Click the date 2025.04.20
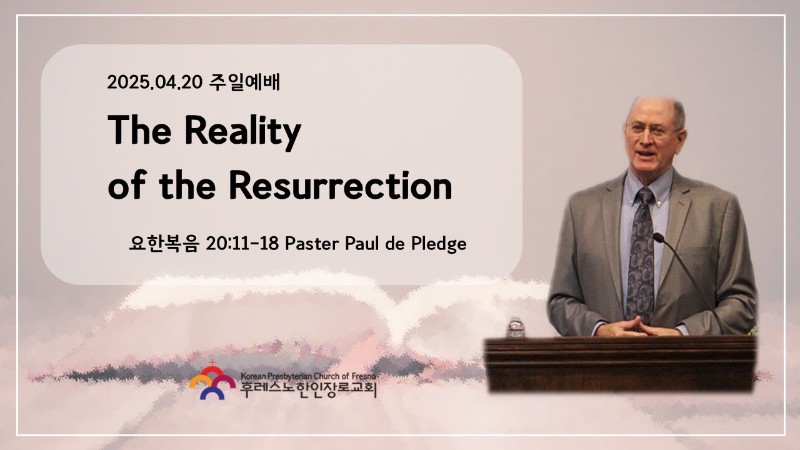coord(155,82)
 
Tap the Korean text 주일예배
coord(244,82)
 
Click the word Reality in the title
coord(243,131)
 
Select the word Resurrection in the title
coord(341,185)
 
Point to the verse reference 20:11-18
coord(242,244)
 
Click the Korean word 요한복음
coord(164,244)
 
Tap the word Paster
coord(312,244)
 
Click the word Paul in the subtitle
coord(362,244)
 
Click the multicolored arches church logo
coord(212,382)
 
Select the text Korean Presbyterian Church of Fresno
coord(308,376)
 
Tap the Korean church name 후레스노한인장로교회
coord(308,389)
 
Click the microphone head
coord(658,237)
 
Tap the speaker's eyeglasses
coord(651,129)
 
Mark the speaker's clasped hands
coord(638,327)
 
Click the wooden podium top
coord(621,344)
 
